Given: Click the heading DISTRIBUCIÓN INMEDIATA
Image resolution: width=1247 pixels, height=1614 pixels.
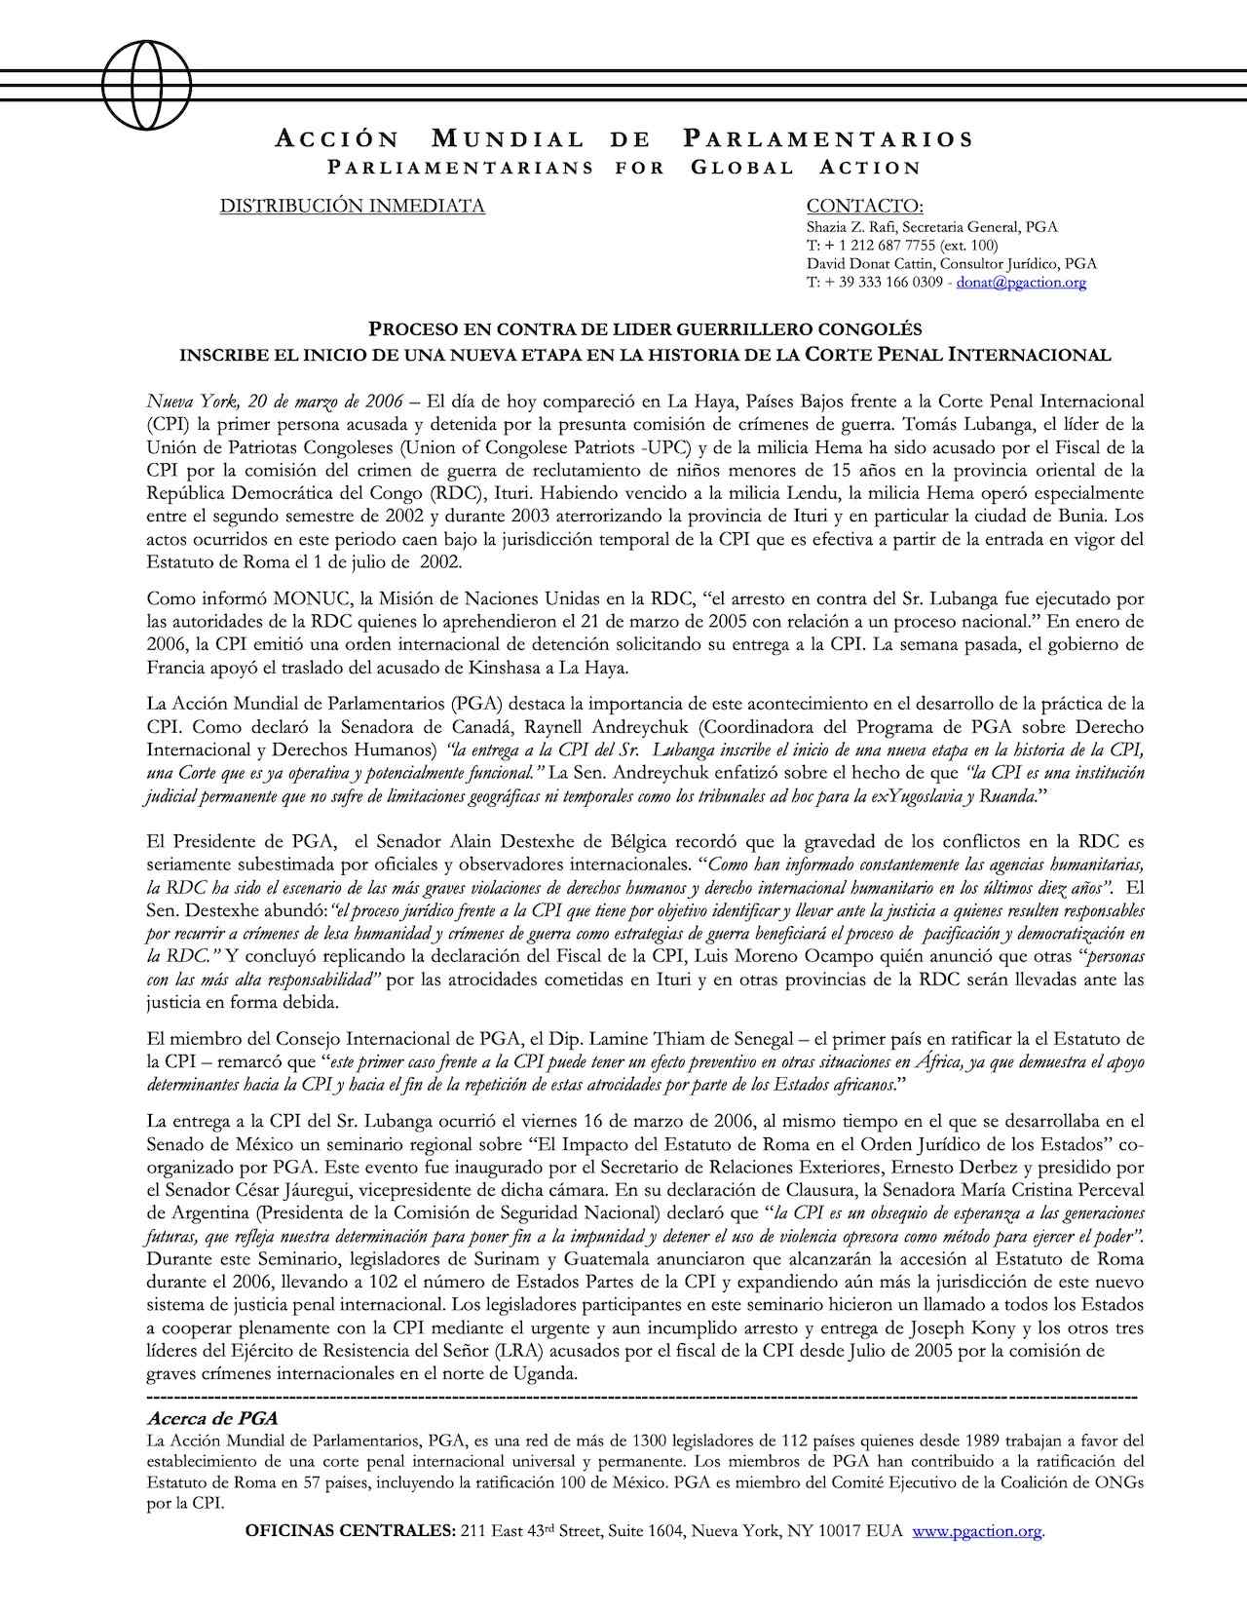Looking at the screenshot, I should pos(352,207).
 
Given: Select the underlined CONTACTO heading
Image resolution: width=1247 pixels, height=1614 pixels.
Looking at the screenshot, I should pos(865,207).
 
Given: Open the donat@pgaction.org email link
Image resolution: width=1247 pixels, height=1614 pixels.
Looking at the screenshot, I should pos(1021,283).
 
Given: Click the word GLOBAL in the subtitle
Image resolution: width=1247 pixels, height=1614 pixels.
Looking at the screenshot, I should pos(742,168).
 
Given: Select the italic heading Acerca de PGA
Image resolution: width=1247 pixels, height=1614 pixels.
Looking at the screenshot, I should pos(211,1418).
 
